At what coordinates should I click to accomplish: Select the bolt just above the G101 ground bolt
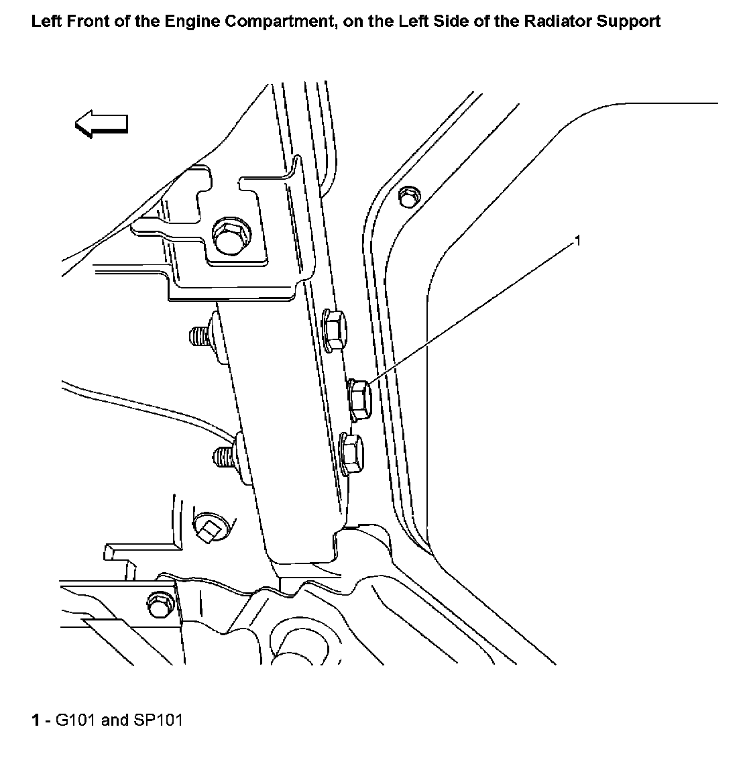pyautogui.click(x=334, y=329)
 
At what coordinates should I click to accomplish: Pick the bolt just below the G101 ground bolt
pyautogui.click(x=352, y=451)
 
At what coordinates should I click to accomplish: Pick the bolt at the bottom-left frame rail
pyautogui.click(x=160, y=604)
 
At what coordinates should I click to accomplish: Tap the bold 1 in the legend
pyautogui.click(x=35, y=720)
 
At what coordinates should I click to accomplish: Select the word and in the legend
pyautogui.click(x=115, y=720)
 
